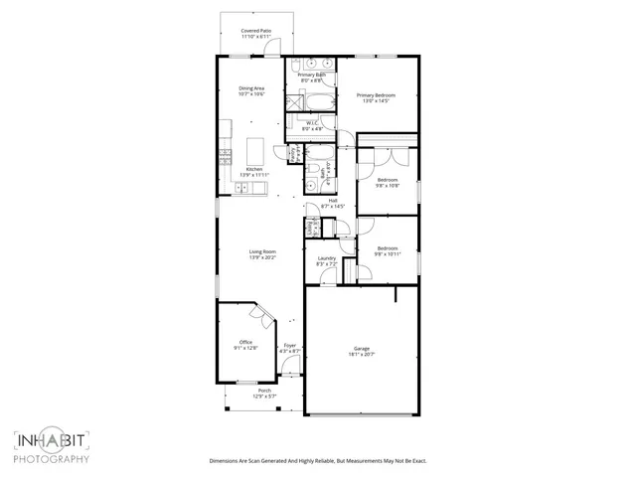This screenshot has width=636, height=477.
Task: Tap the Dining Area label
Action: [251, 88]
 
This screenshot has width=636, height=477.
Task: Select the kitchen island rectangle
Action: [254, 152]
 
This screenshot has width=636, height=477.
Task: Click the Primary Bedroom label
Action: [377, 94]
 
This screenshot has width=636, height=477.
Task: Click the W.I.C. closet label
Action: [312, 123]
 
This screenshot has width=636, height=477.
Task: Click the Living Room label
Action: [262, 251]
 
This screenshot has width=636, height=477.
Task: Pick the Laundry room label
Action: [326, 259]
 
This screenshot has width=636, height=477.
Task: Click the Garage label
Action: [362, 348]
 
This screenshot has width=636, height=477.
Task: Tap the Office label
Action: [245, 342]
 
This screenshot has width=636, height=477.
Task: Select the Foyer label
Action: [290, 346]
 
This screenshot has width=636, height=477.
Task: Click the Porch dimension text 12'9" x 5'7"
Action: [264, 397]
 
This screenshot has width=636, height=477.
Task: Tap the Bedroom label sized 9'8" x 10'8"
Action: [387, 180]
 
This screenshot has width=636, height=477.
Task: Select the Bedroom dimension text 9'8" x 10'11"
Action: [387, 254]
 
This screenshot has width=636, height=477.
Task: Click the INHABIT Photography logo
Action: [52, 445]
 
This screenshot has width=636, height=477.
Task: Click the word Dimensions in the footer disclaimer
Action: [226, 461]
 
